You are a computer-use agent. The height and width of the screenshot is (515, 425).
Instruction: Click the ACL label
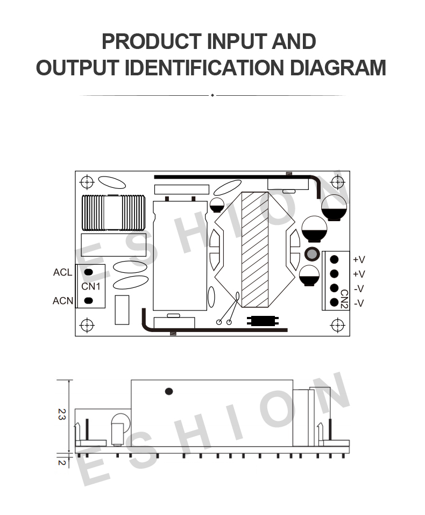(62, 272)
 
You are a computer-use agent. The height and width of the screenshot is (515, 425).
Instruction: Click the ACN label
(63, 300)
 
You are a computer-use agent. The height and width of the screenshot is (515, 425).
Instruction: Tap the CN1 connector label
(91, 286)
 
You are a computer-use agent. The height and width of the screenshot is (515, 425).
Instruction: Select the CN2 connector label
(344, 299)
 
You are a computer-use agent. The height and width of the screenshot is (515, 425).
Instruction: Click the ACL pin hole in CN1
(88, 272)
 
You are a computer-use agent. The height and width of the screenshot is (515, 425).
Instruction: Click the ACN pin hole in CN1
(88, 300)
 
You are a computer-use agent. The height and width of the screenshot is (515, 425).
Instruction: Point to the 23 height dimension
(62, 414)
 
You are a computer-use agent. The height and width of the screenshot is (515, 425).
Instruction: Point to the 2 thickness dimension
(62, 462)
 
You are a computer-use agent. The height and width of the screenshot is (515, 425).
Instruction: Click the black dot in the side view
(169, 391)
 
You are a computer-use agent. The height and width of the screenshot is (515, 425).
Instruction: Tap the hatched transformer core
(255, 250)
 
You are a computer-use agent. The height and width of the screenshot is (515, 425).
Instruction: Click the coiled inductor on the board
(114, 213)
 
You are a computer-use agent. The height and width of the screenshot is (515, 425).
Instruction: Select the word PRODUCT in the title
(152, 42)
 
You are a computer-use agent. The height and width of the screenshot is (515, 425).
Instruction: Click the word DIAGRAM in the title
(338, 68)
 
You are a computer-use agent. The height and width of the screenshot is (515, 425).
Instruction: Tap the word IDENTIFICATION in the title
(204, 68)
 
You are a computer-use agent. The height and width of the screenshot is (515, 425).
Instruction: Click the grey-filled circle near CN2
(312, 253)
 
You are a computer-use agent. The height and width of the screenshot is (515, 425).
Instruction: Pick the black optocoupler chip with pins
(263, 321)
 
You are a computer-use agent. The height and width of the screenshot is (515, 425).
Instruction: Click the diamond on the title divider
(212, 95)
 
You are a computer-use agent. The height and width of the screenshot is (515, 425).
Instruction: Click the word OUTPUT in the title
(77, 68)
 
